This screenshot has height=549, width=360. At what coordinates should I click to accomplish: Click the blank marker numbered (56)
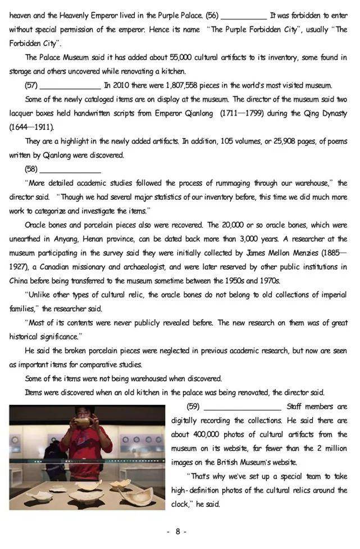coord(213,16)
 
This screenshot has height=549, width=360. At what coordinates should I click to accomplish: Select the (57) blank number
coord(31,86)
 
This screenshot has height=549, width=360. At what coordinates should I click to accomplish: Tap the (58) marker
coord(31,169)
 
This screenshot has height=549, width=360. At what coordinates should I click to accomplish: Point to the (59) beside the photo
coord(194,406)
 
